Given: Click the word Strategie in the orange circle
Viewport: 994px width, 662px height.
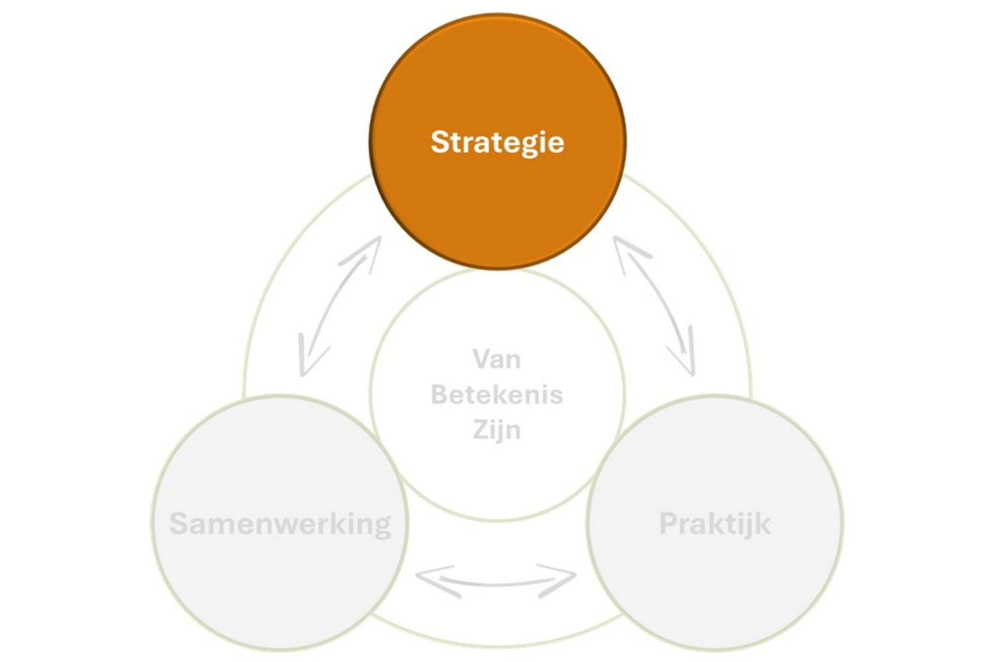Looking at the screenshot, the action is [498, 143].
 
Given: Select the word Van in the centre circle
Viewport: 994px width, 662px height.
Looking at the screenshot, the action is [496, 359].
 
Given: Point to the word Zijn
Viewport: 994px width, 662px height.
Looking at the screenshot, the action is [496, 430].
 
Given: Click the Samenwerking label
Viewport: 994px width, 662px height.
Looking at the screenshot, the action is [280, 524].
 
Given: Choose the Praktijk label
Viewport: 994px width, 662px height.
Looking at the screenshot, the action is [715, 524].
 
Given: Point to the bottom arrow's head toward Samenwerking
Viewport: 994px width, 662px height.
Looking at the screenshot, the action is [433, 580].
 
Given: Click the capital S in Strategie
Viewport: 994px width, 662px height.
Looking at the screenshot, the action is [440, 142].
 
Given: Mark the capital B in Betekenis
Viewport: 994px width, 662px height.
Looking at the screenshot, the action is [441, 394].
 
